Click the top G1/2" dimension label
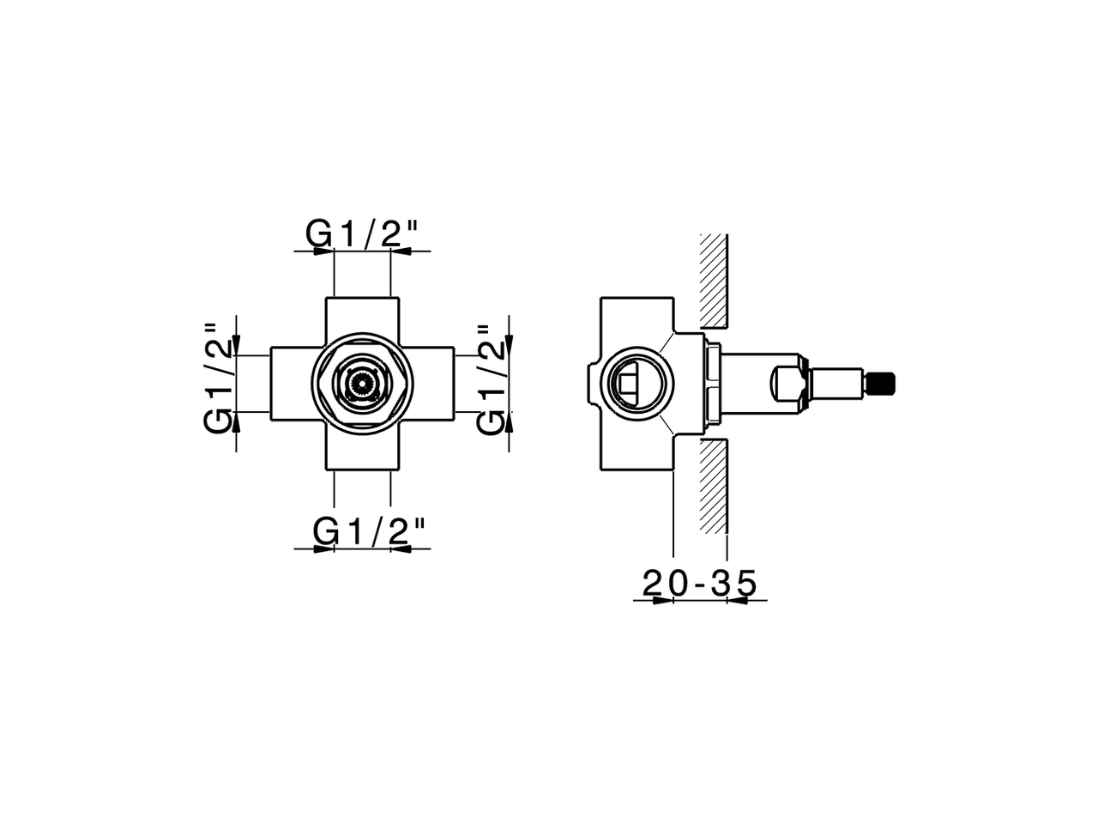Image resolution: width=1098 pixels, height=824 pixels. (x=362, y=233)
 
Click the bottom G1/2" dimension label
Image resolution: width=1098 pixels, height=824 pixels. (x=369, y=532)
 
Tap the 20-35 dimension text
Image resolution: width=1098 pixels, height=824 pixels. (x=700, y=584)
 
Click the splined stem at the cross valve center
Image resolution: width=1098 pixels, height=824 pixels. (x=362, y=384)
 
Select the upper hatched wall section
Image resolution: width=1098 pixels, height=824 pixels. (x=714, y=280)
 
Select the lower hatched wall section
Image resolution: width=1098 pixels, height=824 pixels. (x=714, y=485)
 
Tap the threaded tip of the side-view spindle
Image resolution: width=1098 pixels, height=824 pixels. (x=880, y=384)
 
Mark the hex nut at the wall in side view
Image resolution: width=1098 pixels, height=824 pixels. (x=711, y=384)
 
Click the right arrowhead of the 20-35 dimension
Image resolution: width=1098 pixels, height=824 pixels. (x=738, y=600)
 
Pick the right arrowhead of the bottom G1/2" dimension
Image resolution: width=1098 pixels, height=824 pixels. (x=401, y=548)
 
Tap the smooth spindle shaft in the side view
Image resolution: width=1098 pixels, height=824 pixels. (x=836, y=384)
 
